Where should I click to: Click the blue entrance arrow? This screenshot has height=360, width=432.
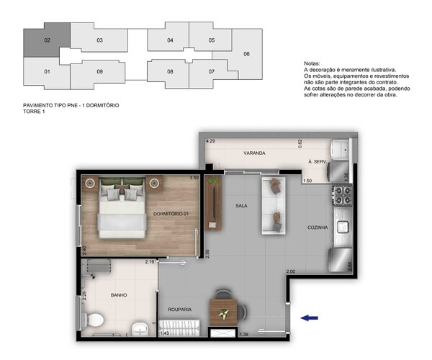pyautogui.click(x=310, y=316)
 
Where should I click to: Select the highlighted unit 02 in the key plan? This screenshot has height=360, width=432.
pyautogui.click(x=47, y=40)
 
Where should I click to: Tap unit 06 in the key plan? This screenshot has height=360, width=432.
pyautogui.click(x=246, y=54)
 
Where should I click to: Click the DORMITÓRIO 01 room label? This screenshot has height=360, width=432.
pyautogui.click(x=171, y=213)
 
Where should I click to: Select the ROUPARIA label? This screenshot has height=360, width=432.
pyautogui.click(x=179, y=310)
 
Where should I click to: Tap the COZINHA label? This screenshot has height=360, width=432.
pyautogui.click(x=317, y=228)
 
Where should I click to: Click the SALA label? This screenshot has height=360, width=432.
pyautogui.click(x=241, y=205)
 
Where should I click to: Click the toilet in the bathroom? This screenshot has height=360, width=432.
pyautogui.click(x=95, y=320)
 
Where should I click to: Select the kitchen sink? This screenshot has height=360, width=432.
pyautogui.click(x=343, y=226)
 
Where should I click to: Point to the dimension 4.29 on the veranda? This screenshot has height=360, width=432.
pyautogui.click(x=210, y=142)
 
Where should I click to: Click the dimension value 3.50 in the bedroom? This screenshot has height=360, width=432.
pyautogui.click(x=193, y=177)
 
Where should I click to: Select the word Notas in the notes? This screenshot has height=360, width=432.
pyautogui.click(x=312, y=63)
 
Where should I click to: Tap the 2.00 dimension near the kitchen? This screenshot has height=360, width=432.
pyautogui.click(x=290, y=271)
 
